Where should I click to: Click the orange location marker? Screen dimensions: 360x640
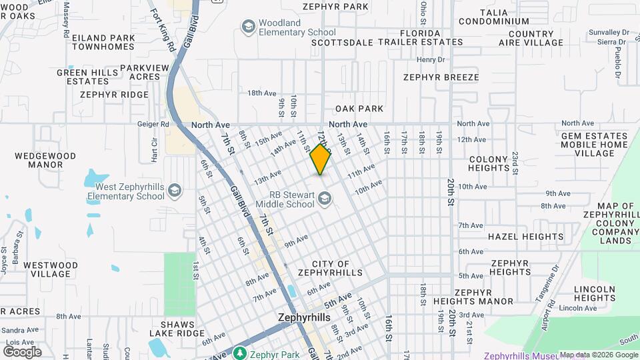321,159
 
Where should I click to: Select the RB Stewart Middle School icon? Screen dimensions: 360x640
325,198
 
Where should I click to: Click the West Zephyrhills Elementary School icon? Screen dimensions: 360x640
175,191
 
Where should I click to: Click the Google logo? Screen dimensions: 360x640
22,351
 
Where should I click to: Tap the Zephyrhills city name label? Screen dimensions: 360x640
303,318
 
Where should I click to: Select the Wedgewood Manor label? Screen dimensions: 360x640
45,160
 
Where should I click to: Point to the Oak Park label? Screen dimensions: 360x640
359,109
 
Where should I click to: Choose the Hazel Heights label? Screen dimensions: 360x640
525,236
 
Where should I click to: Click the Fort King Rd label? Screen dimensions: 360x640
162,30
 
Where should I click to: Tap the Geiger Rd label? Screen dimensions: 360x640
155,124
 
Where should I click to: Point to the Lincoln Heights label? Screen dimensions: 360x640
594,293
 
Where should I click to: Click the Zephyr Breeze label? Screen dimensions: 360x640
441,77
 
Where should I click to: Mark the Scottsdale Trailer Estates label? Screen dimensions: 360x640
387,42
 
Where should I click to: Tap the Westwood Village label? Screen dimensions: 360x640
50,269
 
